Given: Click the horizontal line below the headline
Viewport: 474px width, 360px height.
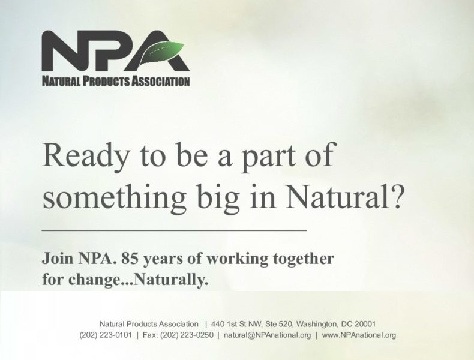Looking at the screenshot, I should click(x=174, y=230).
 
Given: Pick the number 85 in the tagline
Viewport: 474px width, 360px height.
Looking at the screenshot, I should click(x=130, y=259).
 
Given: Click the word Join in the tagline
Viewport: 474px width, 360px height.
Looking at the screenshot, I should click(x=58, y=259).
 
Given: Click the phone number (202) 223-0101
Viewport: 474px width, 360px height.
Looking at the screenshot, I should click(x=105, y=335).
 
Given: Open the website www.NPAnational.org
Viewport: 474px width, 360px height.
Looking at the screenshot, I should click(x=359, y=335).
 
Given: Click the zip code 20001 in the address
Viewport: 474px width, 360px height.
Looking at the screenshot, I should click(x=364, y=323).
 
